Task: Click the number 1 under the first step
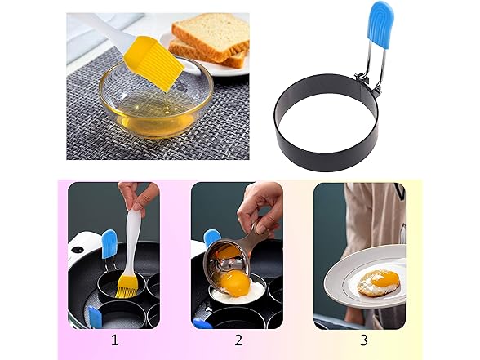pos(115,340)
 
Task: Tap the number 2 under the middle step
pos(238,340)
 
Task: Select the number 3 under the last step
pos(364,340)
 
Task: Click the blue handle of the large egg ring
pos(380,25)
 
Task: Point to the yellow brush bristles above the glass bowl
pos(153,63)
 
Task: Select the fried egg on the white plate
pos(380,282)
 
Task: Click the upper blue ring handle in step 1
pos(109,244)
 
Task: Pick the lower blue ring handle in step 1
pos(93,318)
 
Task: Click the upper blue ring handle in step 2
pos(212,238)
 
